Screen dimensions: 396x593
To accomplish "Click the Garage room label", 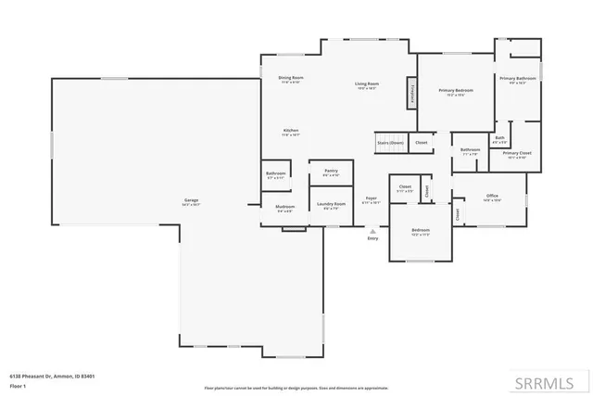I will [x=192, y=201].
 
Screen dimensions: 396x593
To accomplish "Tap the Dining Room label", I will [x=292, y=79].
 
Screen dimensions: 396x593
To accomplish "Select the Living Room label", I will [x=366, y=86].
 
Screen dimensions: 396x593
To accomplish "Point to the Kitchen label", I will [x=290, y=132].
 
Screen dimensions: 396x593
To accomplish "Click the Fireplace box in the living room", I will [x=410, y=95].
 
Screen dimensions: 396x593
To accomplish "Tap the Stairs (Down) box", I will [x=390, y=143].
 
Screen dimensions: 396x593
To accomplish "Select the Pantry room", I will [x=331, y=172].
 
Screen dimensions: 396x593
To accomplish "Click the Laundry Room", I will [x=331, y=205].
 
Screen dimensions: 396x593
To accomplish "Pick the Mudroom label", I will [x=285, y=208].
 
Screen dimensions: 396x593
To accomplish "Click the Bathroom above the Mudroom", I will [x=275, y=174].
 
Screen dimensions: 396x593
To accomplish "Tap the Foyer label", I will [x=371, y=199].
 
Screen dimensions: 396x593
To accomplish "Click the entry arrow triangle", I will [x=373, y=231].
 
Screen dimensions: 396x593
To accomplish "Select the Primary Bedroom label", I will [x=455, y=92].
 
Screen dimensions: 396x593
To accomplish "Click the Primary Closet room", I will [x=516, y=154].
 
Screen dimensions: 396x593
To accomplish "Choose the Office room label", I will [x=492, y=198].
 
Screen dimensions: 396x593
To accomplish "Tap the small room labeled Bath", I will [x=499, y=139].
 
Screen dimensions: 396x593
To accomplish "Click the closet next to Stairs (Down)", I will [x=421, y=143].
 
